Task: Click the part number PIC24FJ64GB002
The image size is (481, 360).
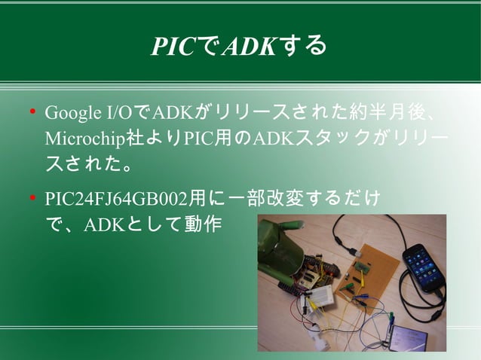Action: tap(116, 200)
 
